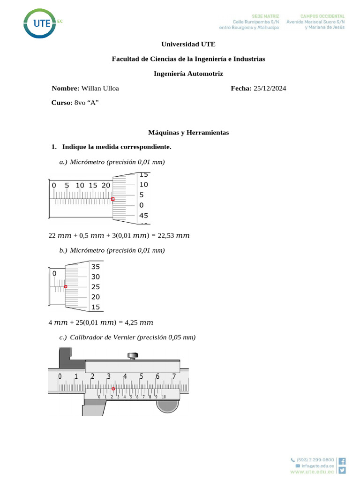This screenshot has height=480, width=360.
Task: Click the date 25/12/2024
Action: click(x=270, y=88)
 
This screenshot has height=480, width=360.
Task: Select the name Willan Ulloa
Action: click(x=100, y=88)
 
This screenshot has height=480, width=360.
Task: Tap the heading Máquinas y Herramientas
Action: click(x=188, y=133)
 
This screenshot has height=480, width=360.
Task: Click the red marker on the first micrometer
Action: click(x=112, y=199)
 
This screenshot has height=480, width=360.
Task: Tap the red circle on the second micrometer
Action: click(x=66, y=286)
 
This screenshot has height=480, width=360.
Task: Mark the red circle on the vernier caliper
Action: click(x=113, y=389)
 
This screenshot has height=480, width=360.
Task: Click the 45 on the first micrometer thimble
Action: click(x=143, y=216)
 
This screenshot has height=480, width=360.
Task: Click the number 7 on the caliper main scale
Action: click(x=174, y=376)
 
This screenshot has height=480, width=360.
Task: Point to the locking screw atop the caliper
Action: click(x=133, y=356)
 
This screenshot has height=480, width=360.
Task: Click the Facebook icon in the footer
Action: click(x=342, y=461)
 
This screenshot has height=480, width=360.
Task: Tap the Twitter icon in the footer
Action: click(x=342, y=470)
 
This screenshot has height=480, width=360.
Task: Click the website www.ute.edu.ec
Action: click(x=312, y=472)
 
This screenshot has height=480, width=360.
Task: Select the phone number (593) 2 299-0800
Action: click(x=315, y=460)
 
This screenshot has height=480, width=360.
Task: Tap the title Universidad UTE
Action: click(x=188, y=44)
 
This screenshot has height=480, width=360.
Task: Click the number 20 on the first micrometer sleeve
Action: click(x=105, y=185)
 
